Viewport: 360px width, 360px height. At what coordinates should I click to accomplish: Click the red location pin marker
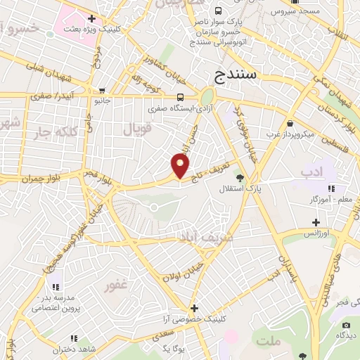(181, 166)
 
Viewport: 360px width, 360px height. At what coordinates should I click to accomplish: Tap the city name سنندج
(236, 73)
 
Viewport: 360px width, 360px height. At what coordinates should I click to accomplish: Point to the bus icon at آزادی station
(181, 98)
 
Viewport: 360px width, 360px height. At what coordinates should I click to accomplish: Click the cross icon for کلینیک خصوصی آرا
(195, 308)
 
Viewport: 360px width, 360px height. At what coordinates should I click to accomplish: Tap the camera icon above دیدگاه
(345, 325)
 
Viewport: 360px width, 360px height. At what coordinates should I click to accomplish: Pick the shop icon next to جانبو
(103, 90)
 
